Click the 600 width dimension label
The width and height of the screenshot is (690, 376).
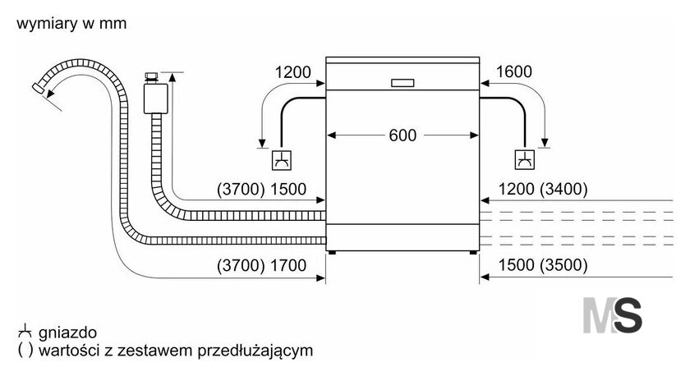point(402,135)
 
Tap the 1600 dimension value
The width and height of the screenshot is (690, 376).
point(514,71)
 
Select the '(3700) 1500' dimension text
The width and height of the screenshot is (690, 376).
point(261,189)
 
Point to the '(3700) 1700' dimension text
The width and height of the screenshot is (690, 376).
point(261,266)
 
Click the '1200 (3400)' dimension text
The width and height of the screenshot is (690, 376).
point(543,189)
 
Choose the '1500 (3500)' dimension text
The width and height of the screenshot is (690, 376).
point(543,265)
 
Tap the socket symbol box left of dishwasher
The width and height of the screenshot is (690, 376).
point(281,160)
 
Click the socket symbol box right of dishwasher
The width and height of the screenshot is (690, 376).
point(525,159)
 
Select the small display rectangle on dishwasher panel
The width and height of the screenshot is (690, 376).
point(402,83)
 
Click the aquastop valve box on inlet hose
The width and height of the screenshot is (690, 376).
point(155,99)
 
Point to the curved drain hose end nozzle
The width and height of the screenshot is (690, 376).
point(39,87)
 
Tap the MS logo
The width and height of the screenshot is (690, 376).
point(612,315)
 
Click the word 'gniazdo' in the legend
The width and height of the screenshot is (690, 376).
point(67,333)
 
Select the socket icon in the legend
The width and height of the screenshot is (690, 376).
point(25,332)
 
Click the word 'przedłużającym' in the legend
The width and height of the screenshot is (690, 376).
point(255,351)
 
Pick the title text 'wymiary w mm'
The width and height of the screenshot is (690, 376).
point(71,23)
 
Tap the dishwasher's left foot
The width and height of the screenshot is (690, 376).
point(332,252)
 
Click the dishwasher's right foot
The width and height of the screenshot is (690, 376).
point(473,252)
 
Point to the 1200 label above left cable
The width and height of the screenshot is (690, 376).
point(292,72)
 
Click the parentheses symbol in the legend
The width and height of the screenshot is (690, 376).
point(25,351)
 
